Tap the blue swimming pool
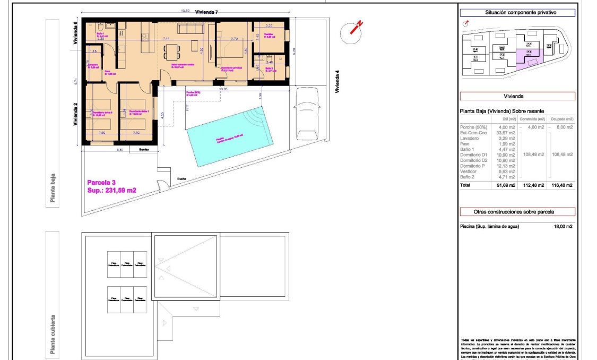click(230, 135)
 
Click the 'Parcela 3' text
click(100, 182)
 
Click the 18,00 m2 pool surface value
click(564, 227)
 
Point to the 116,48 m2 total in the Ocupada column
click(562, 185)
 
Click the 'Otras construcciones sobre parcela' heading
click(516, 211)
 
